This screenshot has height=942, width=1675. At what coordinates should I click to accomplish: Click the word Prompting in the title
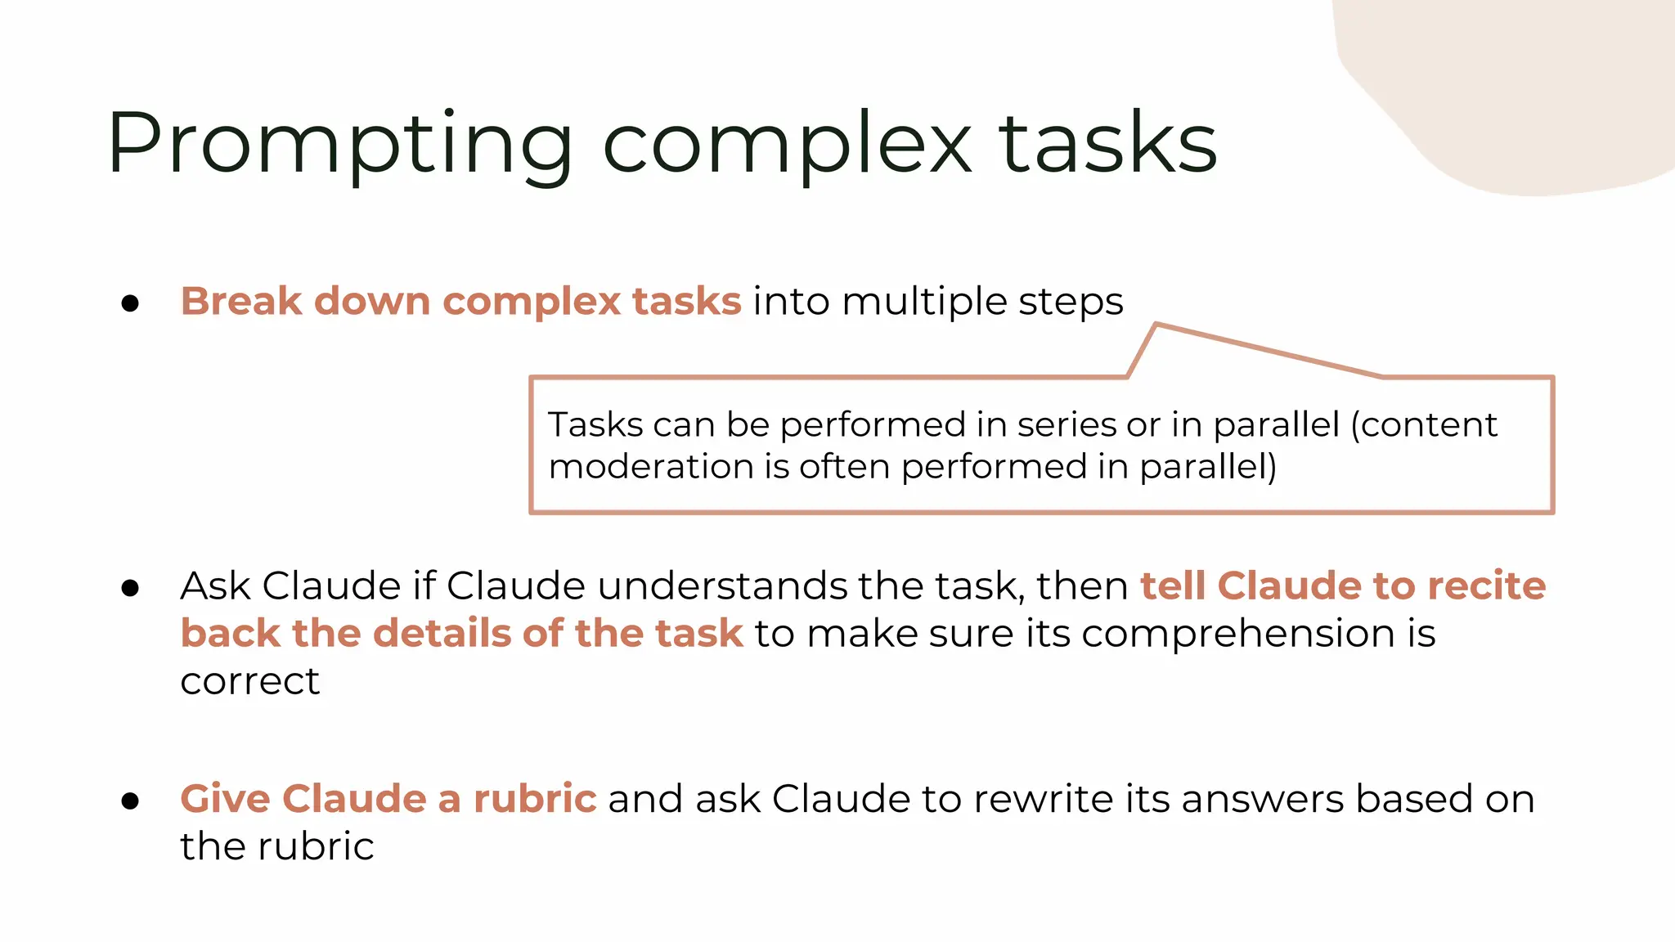[339, 144]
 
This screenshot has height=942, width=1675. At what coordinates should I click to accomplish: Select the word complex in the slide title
[787, 144]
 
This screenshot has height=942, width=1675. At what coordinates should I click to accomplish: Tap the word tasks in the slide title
[1107, 144]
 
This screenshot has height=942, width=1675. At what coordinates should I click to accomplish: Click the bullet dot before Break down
[130, 303]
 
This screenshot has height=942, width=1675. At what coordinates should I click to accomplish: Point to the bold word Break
[241, 301]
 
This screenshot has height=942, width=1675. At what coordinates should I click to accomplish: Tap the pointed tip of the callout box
[1156, 325]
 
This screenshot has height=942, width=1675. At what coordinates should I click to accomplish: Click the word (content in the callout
[1424, 424]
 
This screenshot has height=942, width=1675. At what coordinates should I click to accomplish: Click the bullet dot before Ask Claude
[130, 588]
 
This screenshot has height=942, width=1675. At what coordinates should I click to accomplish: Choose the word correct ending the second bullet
[249, 681]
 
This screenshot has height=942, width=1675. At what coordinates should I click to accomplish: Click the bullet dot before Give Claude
[130, 801]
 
